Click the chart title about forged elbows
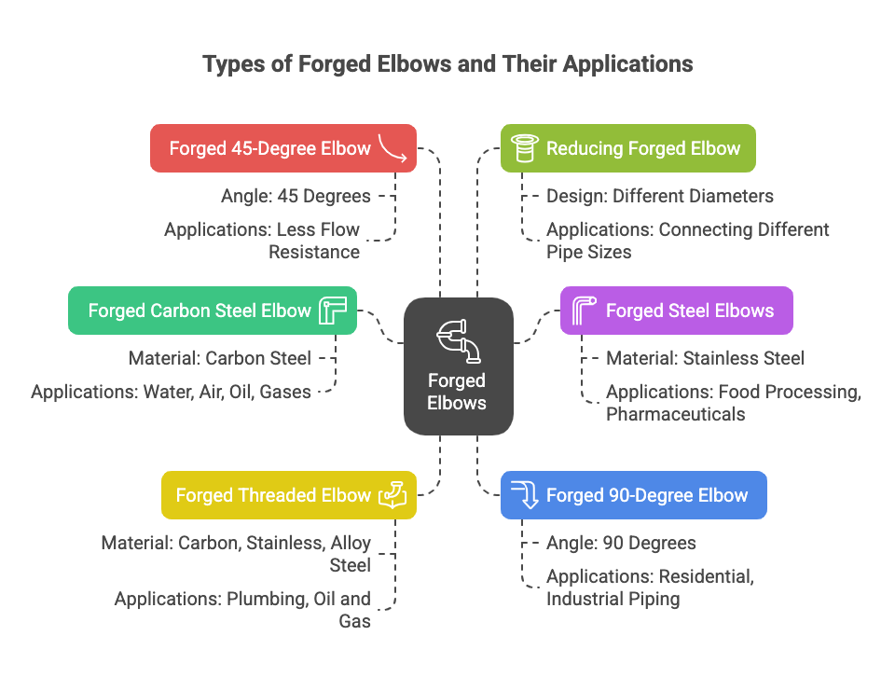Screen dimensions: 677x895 [x=447, y=64]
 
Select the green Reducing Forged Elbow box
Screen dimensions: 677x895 [x=627, y=148]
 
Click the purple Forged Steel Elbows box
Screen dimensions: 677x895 [x=676, y=311]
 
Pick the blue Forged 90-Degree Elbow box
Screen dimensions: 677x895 [x=633, y=495]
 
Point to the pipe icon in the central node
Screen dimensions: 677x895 [x=458, y=340]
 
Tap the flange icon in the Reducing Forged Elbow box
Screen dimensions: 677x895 [x=523, y=148]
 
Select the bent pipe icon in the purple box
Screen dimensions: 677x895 [x=584, y=311]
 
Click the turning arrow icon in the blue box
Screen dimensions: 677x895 [x=525, y=495]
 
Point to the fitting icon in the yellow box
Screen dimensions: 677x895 [x=392, y=495]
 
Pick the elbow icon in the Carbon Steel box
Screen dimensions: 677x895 [x=332, y=311]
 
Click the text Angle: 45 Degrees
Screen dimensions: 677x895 [x=296, y=197]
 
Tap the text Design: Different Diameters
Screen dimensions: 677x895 [x=659, y=197]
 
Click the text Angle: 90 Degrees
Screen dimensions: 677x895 [x=621, y=543]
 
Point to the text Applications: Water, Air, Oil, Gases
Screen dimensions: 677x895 [x=171, y=392]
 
